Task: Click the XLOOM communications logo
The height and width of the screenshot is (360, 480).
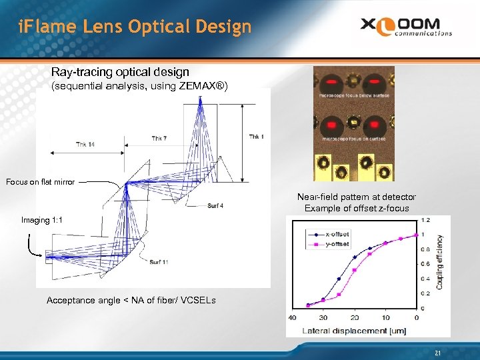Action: click(406, 27)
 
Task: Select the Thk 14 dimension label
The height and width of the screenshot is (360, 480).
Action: click(85, 144)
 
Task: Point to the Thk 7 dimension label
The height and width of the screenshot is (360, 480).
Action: click(158, 139)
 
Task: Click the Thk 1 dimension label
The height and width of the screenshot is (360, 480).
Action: click(256, 137)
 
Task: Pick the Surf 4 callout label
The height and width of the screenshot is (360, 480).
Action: click(215, 205)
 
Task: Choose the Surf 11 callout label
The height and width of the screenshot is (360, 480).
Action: click(159, 261)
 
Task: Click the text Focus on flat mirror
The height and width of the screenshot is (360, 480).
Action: click(40, 182)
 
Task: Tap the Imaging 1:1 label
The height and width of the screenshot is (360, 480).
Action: click(42, 220)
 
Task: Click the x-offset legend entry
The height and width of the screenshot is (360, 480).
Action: click(337, 234)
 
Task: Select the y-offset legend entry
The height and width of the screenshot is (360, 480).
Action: click(337, 243)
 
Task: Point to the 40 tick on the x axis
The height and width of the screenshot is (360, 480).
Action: click(291, 317)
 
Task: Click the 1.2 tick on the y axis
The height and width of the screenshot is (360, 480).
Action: click(424, 220)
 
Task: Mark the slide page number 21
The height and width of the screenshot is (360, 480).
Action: click(437, 353)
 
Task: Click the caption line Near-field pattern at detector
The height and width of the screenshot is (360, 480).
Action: click(357, 197)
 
